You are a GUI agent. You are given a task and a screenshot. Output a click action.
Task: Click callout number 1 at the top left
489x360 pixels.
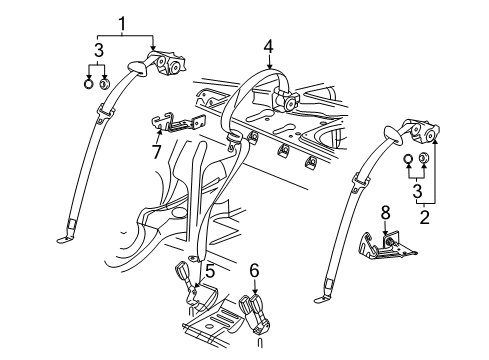[x=122, y=23]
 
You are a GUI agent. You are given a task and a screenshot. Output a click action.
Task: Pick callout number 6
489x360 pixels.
[x=254, y=269]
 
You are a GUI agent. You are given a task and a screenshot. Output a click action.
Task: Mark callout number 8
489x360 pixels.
[x=385, y=211]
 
